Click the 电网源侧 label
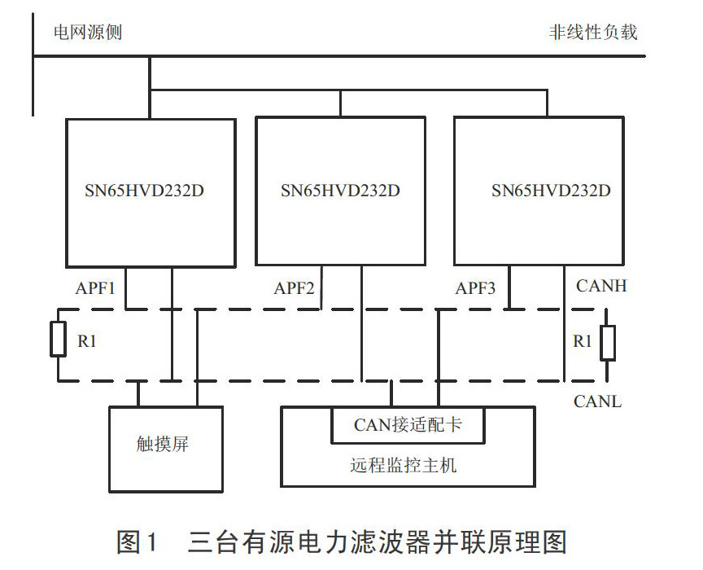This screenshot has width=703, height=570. (88, 33)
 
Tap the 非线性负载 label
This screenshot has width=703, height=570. (593, 33)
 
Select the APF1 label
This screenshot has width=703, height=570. (95, 288)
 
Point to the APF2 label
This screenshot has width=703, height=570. (294, 288)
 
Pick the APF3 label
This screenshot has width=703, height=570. (475, 288)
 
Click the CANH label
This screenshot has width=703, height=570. (601, 286)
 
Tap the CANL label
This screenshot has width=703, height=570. (598, 401)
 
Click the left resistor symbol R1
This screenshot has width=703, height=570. (59, 339)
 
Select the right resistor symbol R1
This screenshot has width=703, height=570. (608, 344)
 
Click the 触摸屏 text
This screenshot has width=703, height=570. (162, 445)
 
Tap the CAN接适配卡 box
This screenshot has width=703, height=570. (408, 425)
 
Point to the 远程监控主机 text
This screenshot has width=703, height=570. (404, 465)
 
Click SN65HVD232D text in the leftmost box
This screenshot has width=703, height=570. (144, 191)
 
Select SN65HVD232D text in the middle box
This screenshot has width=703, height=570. (340, 191)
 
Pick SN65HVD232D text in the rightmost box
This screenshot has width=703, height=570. (551, 191)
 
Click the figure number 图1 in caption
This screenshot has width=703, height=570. (138, 541)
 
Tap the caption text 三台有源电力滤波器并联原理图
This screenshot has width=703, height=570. (378, 541)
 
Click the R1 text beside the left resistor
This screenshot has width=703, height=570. (87, 341)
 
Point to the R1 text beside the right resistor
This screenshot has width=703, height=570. (583, 341)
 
